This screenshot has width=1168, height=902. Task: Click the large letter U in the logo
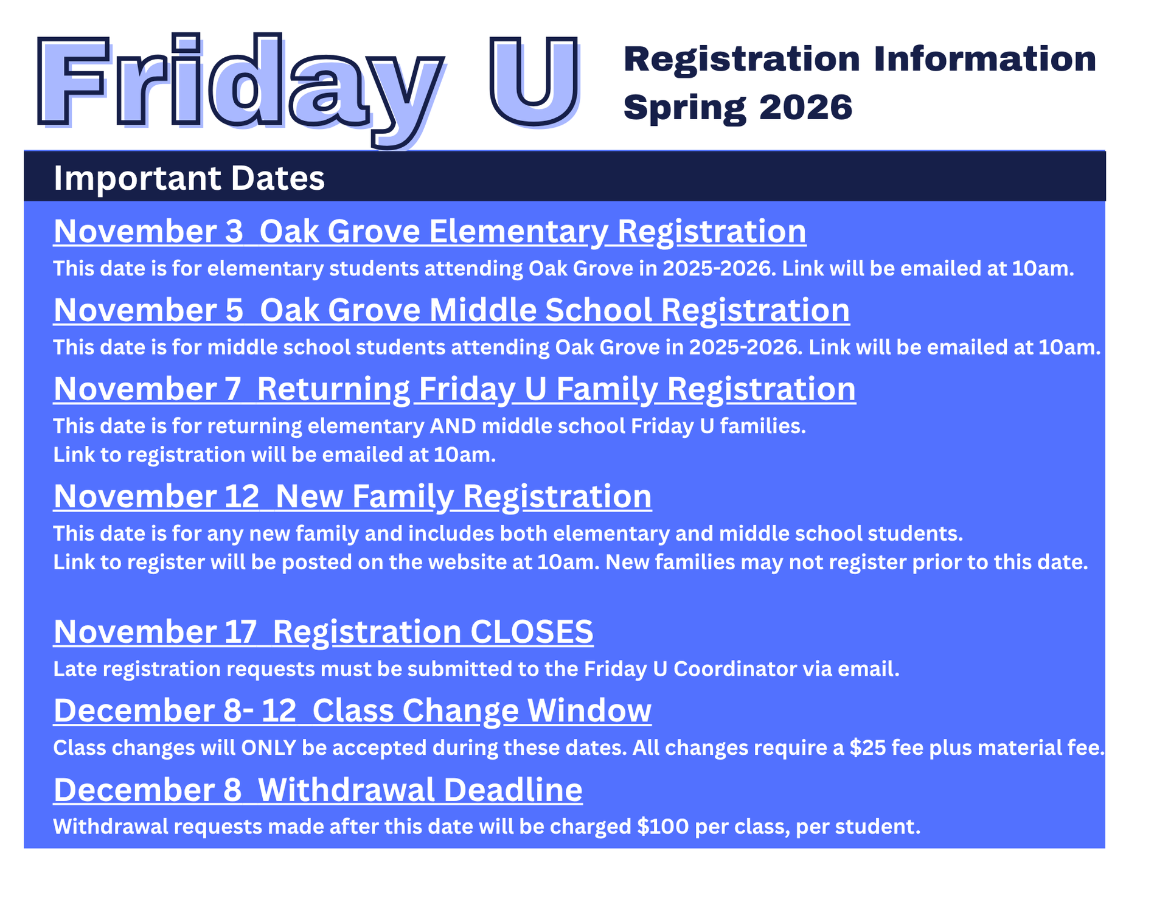(x=534, y=82)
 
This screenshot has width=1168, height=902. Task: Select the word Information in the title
(x=985, y=59)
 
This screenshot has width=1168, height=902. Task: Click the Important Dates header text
(x=189, y=178)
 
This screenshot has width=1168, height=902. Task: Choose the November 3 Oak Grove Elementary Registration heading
(x=430, y=232)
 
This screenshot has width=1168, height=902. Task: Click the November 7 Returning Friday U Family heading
(x=454, y=389)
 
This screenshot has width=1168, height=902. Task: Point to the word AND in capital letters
(x=453, y=426)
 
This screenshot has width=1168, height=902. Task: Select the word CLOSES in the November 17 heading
(x=532, y=631)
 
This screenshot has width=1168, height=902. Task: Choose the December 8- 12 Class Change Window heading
(x=352, y=710)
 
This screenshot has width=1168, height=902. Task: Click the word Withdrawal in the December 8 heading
(x=347, y=789)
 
